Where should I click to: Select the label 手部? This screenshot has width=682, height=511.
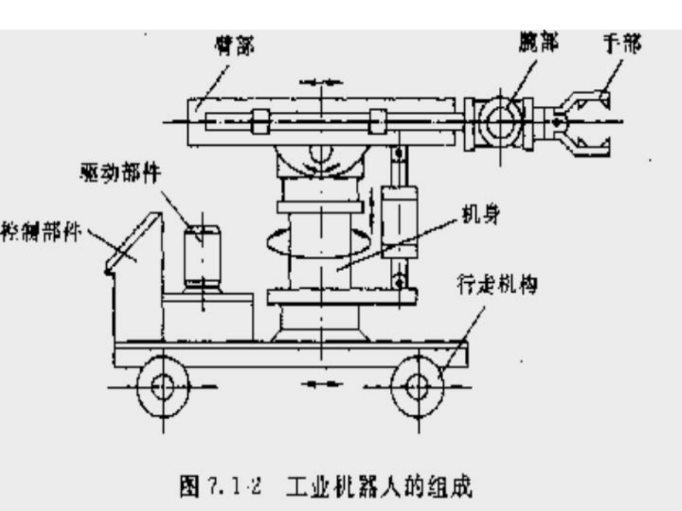[x=620, y=44]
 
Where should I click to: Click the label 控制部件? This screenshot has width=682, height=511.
[x=42, y=225]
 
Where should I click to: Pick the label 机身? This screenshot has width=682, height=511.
[x=483, y=216]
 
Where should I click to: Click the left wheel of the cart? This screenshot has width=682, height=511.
[x=162, y=386]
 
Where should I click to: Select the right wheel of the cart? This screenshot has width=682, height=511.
[x=417, y=386]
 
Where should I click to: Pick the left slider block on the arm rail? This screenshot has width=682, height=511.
[x=260, y=121]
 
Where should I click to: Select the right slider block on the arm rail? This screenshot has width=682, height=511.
[x=378, y=121]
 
